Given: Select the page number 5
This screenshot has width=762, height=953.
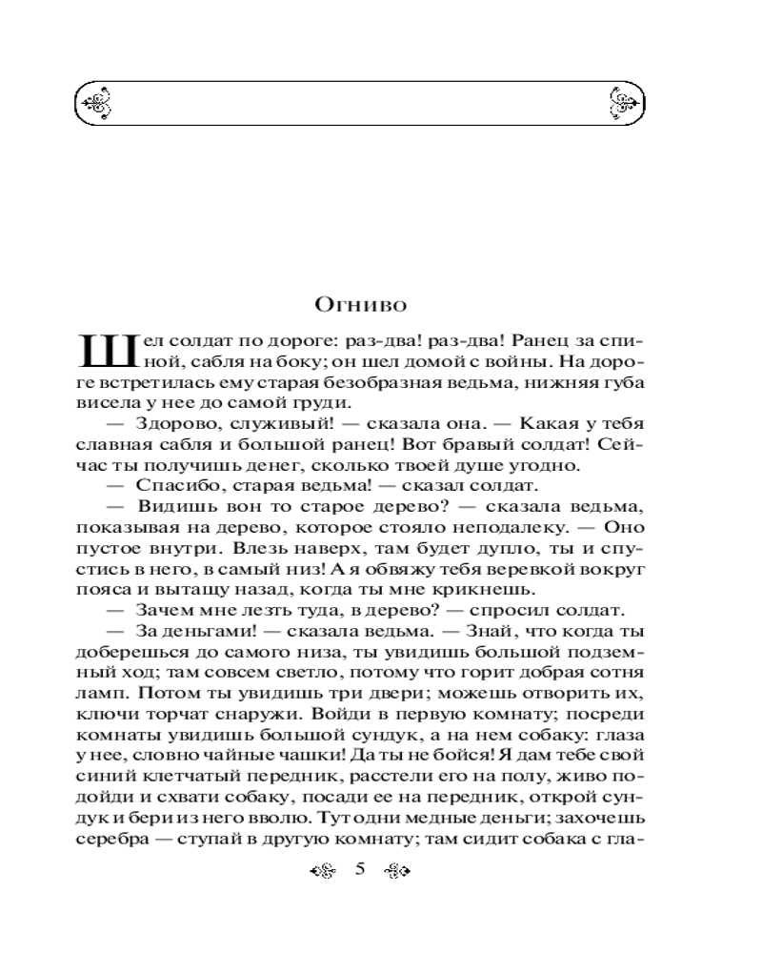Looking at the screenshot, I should click(x=360, y=869).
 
